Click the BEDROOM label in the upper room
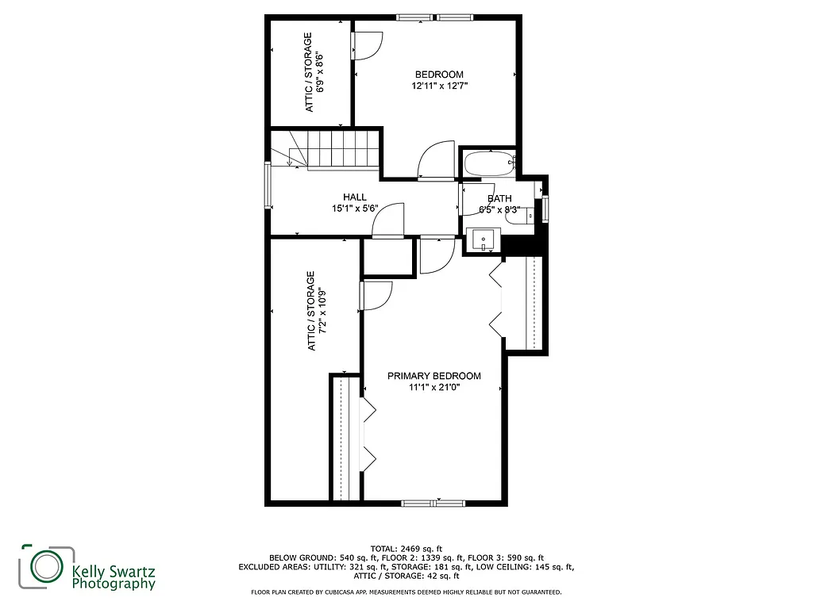pyautogui.click(x=438, y=75)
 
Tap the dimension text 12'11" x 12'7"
pyautogui.click(x=438, y=86)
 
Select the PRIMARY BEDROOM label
pyautogui.click(x=433, y=376)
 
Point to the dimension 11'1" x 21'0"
pyautogui.click(x=433, y=388)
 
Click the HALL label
pyautogui.click(x=354, y=197)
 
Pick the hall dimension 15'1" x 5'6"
pyautogui.click(x=354, y=209)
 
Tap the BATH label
pyautogui.click(x=499, y=199)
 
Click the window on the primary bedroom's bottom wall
pyautogui.click(x=433, y=502)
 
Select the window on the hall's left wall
pyautogui.click(x=268, y=184)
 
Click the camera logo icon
pyautogui.click(x=46, y=566)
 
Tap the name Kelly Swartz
pyautogui.click(x=113, y=570)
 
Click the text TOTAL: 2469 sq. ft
pyautogui.click(x=406, y=549)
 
